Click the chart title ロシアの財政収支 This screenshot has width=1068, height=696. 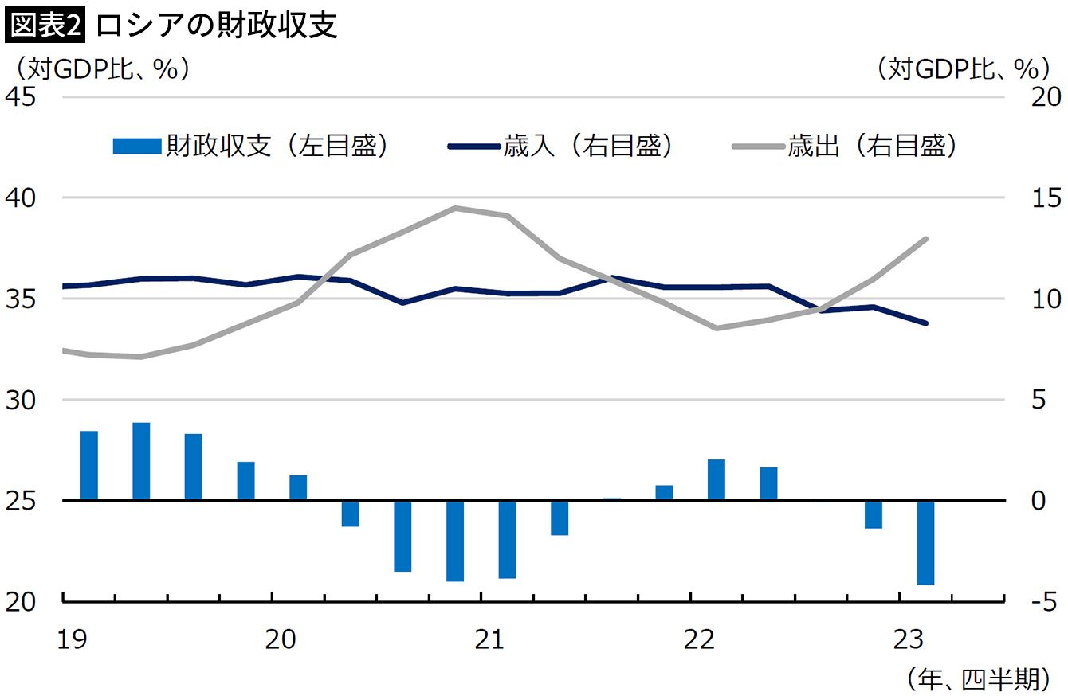(x=217, y=25)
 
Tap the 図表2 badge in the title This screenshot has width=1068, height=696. (x=45, y=25)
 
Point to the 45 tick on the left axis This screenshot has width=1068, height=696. (x=22, y=96)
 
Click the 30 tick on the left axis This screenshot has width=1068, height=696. (x=22, y=400)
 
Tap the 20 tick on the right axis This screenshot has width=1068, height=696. (x=1034, y=96)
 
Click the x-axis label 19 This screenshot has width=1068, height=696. (x=73, y=639)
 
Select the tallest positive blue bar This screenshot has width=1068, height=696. (x=141, y=461)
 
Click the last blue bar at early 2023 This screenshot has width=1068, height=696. (x=925, y=543)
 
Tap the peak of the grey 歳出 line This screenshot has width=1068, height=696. (x=454, y=209)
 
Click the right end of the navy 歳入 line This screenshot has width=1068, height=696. (x=925, y=323)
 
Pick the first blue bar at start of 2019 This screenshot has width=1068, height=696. (x=89, y=466)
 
